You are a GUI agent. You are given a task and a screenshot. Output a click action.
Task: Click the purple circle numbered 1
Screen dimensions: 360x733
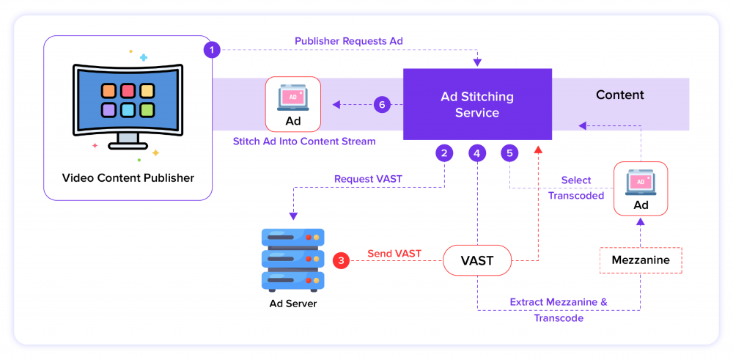point(212,49)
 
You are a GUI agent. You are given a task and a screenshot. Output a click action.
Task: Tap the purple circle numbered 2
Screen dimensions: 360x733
point(443,153)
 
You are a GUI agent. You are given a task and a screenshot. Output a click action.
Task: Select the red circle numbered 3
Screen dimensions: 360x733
point(341,260)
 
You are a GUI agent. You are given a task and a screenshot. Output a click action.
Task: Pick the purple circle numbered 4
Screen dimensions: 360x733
point(477,153)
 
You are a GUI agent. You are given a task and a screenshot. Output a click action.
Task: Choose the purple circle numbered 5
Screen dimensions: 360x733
point(509,153)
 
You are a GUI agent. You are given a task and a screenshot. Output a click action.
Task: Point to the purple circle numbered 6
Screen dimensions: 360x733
point(381,104)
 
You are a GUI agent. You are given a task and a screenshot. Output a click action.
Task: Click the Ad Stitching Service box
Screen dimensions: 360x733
point(477,104)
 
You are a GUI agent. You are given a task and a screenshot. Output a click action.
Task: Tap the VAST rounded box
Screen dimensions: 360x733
point(476,260)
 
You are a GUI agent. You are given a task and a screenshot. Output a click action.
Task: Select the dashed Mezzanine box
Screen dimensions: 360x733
point(641,260)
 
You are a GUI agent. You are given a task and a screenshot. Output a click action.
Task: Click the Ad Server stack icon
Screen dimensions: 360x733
point(292,259)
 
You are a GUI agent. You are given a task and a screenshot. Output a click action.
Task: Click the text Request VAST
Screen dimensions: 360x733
point(368,178)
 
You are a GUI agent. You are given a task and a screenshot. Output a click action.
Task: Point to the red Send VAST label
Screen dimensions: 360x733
point(394,254)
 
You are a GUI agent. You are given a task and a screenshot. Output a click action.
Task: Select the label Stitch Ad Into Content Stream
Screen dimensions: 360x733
point(304,141)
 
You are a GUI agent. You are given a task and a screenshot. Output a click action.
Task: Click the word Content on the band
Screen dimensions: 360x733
point(619,95)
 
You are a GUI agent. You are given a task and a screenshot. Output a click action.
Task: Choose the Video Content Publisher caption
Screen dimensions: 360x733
point(128,177)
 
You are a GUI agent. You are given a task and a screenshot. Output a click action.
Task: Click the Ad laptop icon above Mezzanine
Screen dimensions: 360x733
point(641,182)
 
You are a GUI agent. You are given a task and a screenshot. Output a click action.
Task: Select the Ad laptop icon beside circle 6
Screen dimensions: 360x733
point(292,97)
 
